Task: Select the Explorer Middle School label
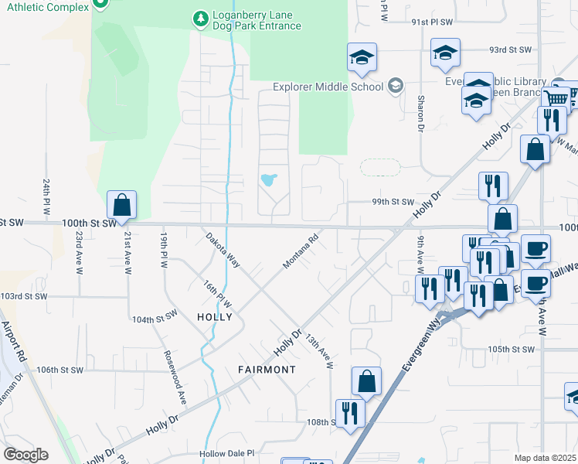click(x=329, y=87)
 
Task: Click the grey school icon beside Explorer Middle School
click(x=396, y=85)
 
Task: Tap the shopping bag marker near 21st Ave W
click(x=121, y=206)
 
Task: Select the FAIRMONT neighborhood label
click(x=267, y=370)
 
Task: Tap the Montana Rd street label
click(x=301, y=252)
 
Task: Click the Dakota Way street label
click(x=223, y=251)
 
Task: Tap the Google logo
click(x=25, y=455)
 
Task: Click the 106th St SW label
click(x=59, y=370)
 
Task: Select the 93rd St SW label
click(x=511, y=49)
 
